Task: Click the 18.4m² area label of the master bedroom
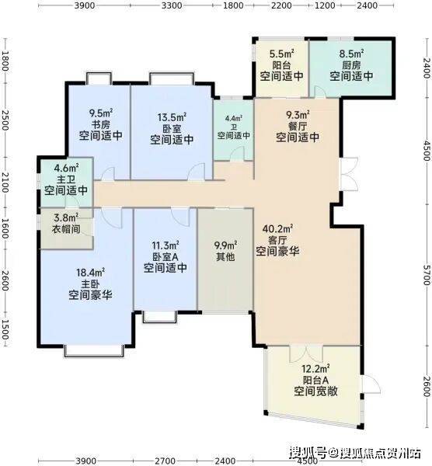(90, 273)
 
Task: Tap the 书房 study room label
(101, 124)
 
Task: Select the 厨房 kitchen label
(351, 65)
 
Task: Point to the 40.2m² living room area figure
(277, 229)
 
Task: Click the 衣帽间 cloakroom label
(66, 229)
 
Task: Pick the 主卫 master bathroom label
(66, 179)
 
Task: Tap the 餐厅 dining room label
(298, 126)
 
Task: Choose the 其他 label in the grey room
(225, 256)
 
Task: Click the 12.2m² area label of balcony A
(315, 369)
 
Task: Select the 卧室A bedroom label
(165, 256)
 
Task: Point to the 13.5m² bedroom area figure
(172, 117)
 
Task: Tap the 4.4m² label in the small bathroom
(234, 118)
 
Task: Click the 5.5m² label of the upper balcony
(281, 54)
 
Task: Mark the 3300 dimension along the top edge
(172, 5)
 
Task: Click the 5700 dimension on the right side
(427, 275)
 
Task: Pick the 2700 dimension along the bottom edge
(165, 461)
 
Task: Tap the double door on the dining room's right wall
(351, 175)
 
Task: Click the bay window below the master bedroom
(94, 351)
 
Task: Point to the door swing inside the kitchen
(320, 91)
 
